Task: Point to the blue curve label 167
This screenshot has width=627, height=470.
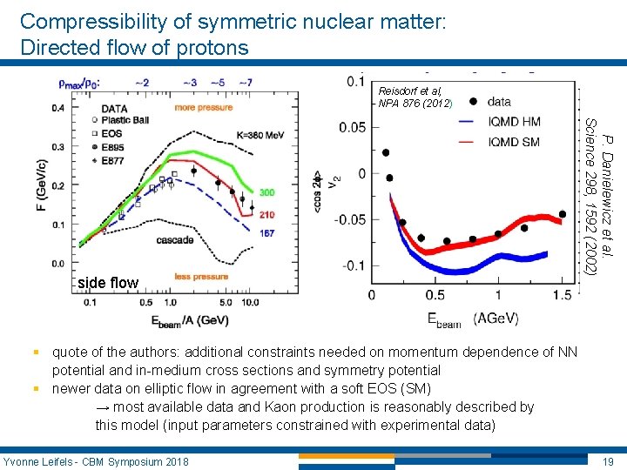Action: [266, 233]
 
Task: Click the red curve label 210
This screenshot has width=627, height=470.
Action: [266, 215]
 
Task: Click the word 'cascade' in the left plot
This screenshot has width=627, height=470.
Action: [175, 239]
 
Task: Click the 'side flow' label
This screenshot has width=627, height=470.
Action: [108, 283]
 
